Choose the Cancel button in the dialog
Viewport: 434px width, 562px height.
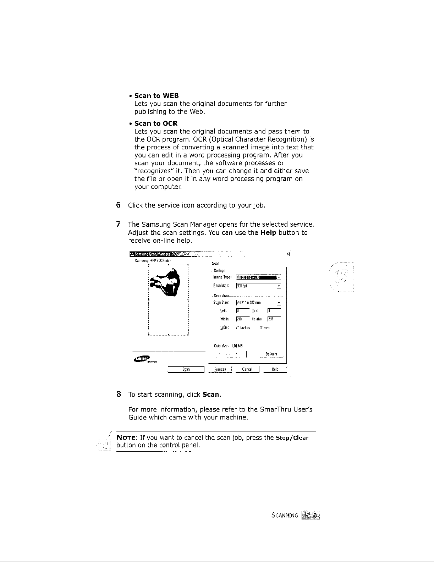click(x=247, y=369)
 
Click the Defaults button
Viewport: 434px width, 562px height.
click(x=271, y=354)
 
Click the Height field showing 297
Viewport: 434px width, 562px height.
click(x=274, y=319)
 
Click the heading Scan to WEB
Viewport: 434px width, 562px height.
click(x=156, y=96)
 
